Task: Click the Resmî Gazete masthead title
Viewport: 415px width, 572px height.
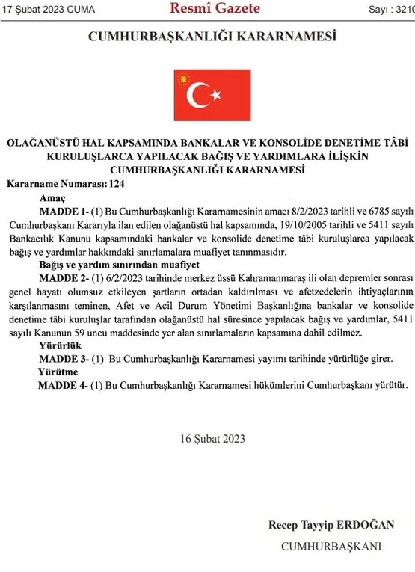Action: (x=215, y=9)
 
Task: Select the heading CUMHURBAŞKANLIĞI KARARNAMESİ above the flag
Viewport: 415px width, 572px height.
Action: (x=212, y=36)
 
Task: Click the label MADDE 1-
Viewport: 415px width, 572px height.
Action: (x=64, y=210)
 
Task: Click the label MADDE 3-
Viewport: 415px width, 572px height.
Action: (x=64, y=359)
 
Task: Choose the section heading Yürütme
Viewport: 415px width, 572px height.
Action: (x=58, y=372)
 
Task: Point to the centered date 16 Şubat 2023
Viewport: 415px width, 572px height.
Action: (x=212, y=439)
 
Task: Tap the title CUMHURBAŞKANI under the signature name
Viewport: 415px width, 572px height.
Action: (x=331, y=547)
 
